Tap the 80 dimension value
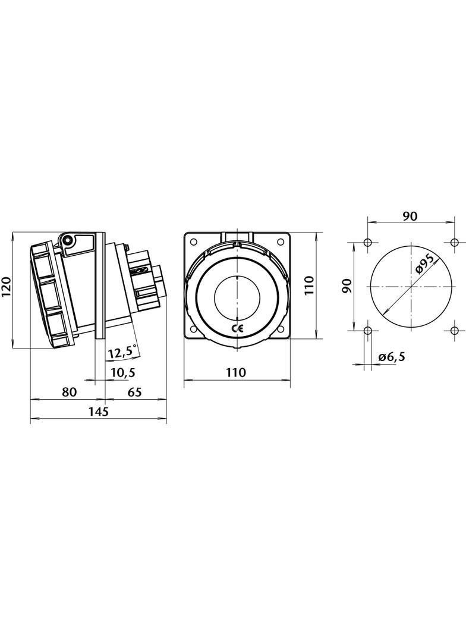[69, 391]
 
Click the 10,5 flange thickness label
[123, 372]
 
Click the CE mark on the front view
[237, 328]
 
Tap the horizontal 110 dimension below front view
[236, 372]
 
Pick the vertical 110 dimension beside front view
[308, 285]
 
